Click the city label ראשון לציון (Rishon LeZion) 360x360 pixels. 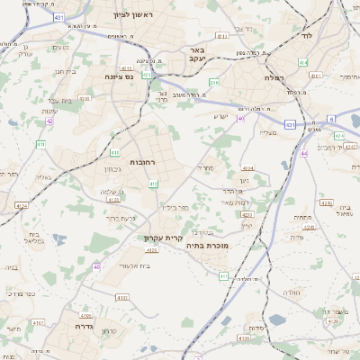[x=133, y=16]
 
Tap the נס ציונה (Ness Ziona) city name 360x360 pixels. [x=117, y=76]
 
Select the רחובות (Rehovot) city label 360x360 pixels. [x=142, y=161]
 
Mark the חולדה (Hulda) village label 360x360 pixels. [x=291, y=293]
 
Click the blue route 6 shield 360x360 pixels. [x=331, y=118]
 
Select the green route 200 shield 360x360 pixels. [x=213, y=84]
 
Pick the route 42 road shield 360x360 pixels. [x=49, y=120]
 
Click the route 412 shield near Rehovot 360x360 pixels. [x=154, y=184]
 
